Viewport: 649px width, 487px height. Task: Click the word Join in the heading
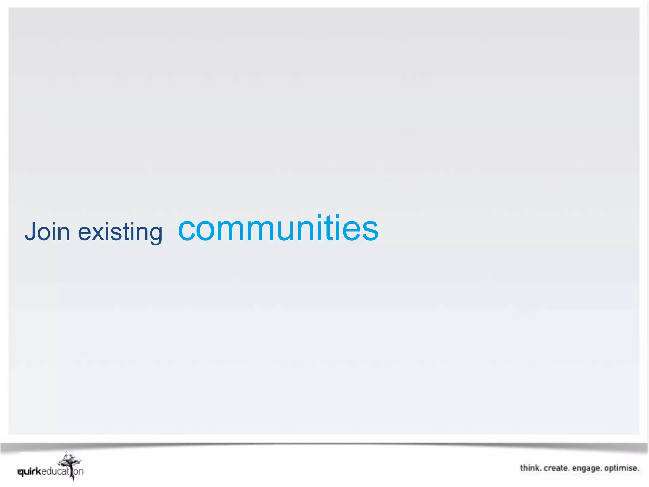(x=47, y=232)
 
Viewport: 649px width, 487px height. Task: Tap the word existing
(x=120, y=232)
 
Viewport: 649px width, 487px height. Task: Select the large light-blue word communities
(x=278, y=228)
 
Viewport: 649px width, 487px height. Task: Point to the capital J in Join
(x=30, y=232)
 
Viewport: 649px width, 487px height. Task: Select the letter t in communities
(x=331, y=228)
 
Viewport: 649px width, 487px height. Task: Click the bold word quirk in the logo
(x=29, y=472)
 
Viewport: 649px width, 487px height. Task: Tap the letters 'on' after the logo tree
(x=79, y=472)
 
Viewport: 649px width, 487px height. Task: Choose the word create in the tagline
(x=556, y=468)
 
